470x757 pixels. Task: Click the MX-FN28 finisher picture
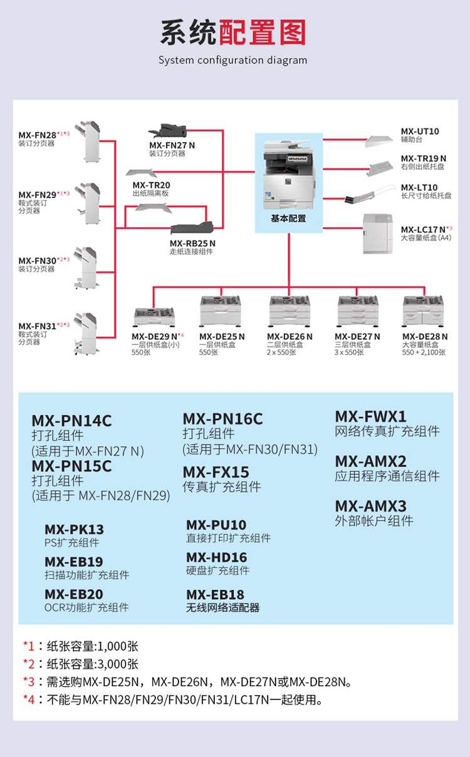88,142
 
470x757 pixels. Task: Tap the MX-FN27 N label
172,145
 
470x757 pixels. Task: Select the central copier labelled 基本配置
288,175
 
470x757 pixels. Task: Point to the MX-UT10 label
420,131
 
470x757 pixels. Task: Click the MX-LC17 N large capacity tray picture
377,234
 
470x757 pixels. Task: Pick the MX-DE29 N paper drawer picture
154,317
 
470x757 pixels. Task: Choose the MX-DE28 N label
425,337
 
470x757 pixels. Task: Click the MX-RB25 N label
192,244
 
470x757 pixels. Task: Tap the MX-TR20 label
151,185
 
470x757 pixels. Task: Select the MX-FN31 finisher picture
86,333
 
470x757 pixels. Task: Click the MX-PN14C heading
71,421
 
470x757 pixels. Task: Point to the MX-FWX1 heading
370,416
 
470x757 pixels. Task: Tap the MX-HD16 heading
216,557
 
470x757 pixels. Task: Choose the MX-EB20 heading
74,594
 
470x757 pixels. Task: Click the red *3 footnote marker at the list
29,682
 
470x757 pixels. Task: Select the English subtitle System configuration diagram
232,60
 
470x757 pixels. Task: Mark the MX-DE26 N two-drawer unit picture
290,311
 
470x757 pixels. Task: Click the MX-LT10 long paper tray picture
370,193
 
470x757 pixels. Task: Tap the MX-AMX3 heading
370,507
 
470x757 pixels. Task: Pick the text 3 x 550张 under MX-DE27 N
349,353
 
